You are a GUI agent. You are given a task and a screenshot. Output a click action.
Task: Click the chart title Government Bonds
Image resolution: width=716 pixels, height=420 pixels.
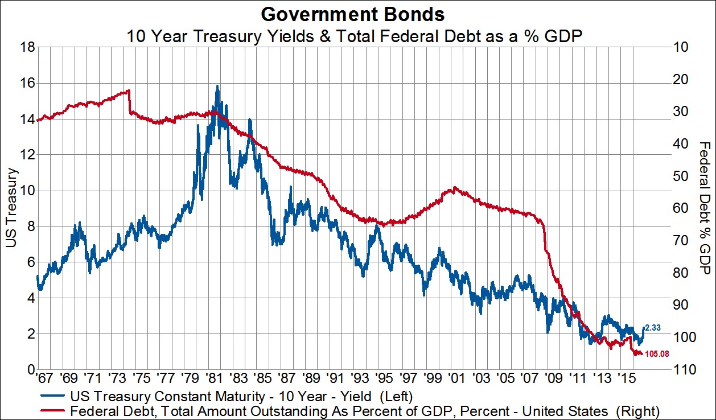click(357, 13)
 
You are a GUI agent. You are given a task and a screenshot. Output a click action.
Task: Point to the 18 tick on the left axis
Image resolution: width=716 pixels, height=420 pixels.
click(22, 47)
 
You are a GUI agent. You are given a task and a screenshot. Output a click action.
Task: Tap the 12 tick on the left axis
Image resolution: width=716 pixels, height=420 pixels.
click(22, 155)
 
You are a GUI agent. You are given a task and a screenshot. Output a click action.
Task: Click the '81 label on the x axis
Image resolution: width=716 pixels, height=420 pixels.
click(213, 378)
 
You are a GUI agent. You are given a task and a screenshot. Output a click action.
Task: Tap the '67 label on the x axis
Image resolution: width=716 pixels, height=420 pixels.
click(44, 378)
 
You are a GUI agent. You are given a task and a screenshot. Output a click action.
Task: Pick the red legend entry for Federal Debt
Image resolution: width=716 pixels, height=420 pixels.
click(364, 410)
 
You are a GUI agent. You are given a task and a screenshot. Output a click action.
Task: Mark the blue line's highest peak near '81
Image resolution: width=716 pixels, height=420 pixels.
click(217, 87)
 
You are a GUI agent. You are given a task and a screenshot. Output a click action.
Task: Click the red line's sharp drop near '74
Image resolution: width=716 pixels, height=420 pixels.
click(130, 101)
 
